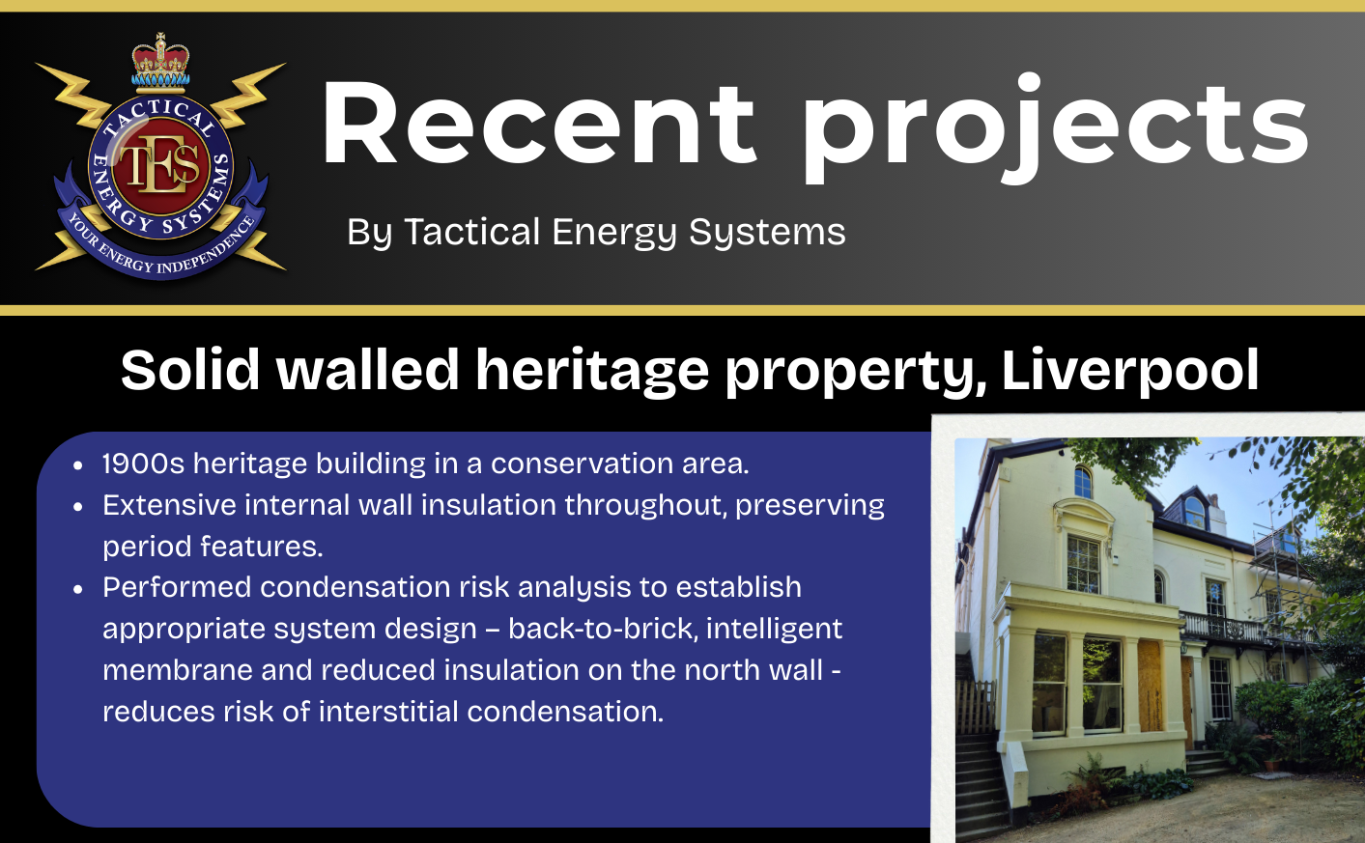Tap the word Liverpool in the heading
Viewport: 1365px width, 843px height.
click(1130, 371)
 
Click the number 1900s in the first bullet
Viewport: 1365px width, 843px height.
click(143, 464)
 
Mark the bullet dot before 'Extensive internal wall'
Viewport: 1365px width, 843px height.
click(77, 507)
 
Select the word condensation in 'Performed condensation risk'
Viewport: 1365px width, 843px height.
click(355, 587)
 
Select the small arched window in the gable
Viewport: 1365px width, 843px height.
click(1082, 482)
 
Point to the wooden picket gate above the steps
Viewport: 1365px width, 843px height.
click(976, 707)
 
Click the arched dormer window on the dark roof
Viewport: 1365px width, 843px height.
click(1194, 514)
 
